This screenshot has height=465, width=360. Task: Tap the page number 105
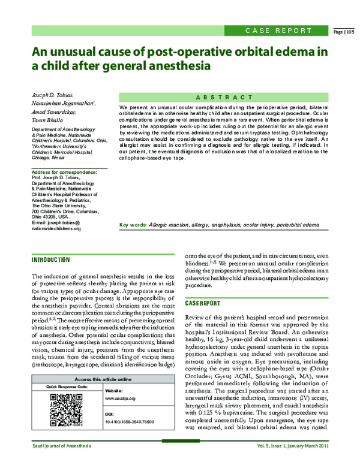click(344, 31)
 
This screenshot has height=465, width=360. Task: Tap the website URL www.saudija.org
click(120, 398)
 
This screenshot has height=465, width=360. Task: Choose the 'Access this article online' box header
click(103, 380)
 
